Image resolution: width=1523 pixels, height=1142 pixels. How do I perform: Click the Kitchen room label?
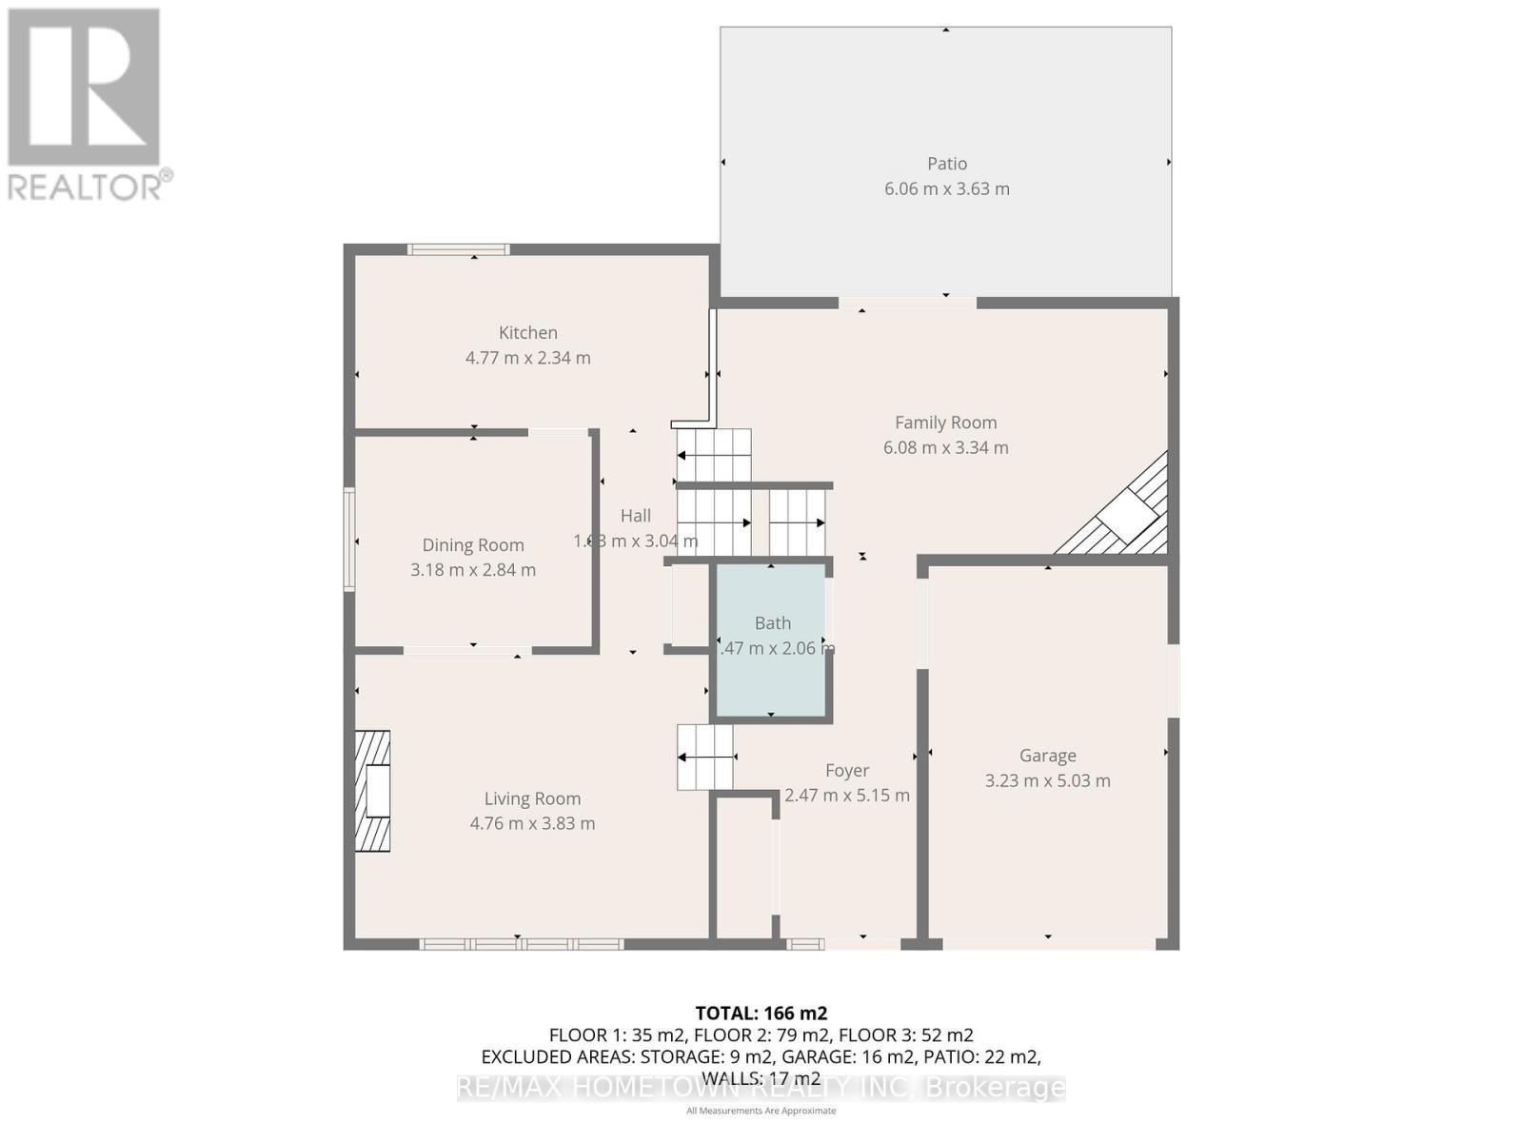(527, 333)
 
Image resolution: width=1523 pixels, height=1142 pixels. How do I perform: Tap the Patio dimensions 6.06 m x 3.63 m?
(946, 188)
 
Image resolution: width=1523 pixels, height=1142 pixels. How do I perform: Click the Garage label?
(1047, 756)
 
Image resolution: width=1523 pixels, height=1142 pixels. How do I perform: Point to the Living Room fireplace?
(373, 791)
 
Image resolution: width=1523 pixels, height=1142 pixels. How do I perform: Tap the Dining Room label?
(473, 545)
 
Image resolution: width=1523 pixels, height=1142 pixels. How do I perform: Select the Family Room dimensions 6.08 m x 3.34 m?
(945, 447)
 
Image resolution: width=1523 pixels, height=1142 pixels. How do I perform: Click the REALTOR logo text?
(90, 186)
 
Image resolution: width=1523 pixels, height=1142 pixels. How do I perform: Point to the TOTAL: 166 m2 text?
(761, 1014)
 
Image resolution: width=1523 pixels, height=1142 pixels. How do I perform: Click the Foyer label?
(846, 771)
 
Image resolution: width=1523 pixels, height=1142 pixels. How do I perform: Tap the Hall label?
(635, 516)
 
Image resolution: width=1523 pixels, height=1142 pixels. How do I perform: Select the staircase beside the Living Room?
(705, 758)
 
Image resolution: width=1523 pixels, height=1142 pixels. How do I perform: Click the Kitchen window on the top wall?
(458, 250)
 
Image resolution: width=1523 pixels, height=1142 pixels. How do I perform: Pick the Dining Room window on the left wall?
(349, 540)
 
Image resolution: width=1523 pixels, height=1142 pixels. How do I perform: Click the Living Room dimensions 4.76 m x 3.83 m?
(532, 823)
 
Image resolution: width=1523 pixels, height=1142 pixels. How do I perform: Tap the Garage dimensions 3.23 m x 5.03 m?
(1047, 780)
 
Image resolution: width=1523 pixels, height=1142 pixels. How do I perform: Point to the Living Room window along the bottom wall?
(521, 944)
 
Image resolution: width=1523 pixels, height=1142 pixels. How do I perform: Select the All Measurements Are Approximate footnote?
(761, 1111)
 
